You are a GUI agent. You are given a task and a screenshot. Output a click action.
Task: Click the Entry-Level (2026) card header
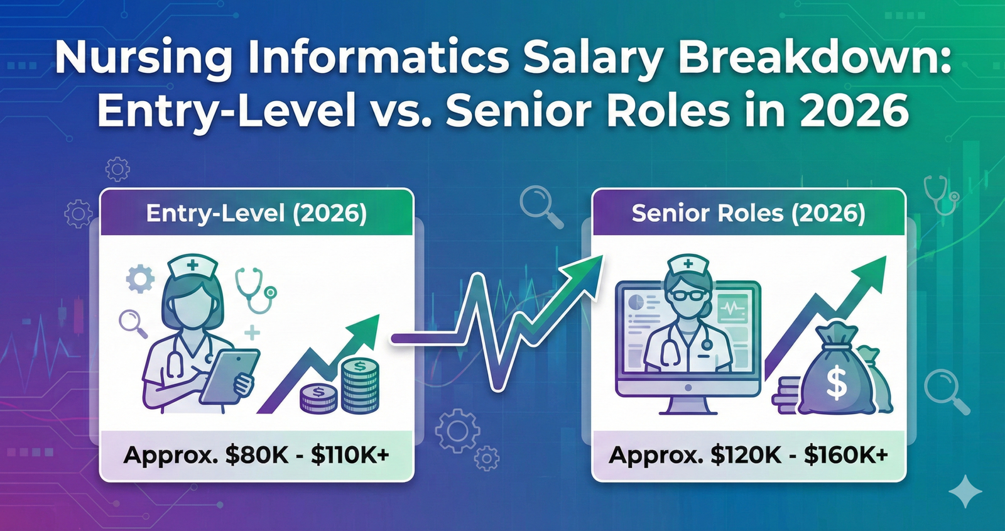256,214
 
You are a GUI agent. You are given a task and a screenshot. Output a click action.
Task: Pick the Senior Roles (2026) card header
749,214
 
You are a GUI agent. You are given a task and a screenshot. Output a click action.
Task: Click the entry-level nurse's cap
192,267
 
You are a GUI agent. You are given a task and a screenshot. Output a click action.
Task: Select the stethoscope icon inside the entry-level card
254,289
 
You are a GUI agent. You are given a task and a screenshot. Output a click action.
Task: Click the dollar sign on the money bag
836,383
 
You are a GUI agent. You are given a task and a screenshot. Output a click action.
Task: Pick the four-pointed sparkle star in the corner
965,491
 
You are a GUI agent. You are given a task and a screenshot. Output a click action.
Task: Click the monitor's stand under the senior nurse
688,405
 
